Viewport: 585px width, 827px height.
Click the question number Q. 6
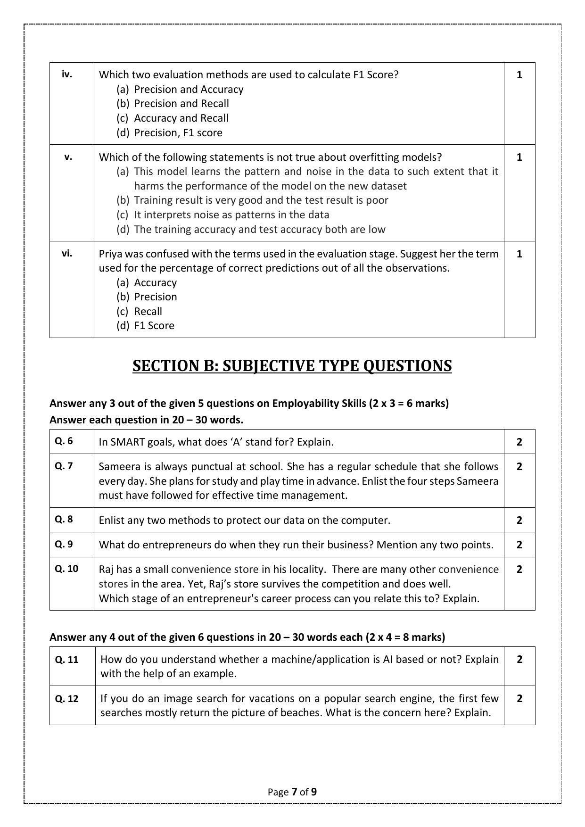point(64,441)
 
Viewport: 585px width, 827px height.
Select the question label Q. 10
point(66,568)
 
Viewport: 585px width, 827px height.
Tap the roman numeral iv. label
point(67,74)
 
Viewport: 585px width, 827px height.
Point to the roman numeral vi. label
point(67,253)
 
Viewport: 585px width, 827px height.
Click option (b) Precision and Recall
point(173,103)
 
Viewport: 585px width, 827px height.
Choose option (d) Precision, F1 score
point(169,132)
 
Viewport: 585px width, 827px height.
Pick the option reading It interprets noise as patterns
point(222,215)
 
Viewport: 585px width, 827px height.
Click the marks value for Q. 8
point(519,520)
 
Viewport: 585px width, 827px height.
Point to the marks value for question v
point(519,157)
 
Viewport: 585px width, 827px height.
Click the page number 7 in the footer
point(294,792)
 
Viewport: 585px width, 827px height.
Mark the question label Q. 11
point(66,659)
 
